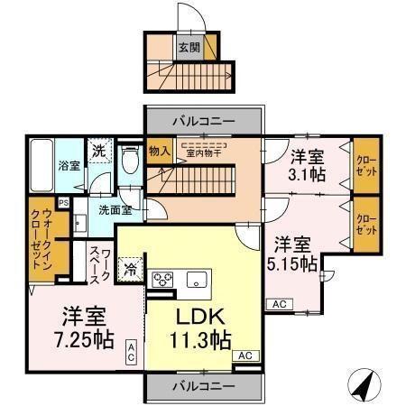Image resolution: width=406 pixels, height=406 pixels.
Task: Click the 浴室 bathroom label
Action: pyautogui.click(x=69, y=166)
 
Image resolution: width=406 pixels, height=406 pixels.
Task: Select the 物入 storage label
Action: pyautogui.click(x=160, y=152)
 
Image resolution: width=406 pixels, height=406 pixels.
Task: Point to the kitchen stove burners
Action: pyautogui.click(x=163, y=279)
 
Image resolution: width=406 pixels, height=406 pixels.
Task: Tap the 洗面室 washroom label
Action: pyautogui.click(x=115, y=210)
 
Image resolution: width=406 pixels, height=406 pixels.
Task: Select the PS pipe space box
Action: pyautogui.click(x=63, y=203)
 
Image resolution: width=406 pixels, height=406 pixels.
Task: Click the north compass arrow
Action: pyautogui.click(x=365, y=385)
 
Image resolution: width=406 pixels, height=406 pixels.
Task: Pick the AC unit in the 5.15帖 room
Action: pyautogui.click(x=279, y=304)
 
